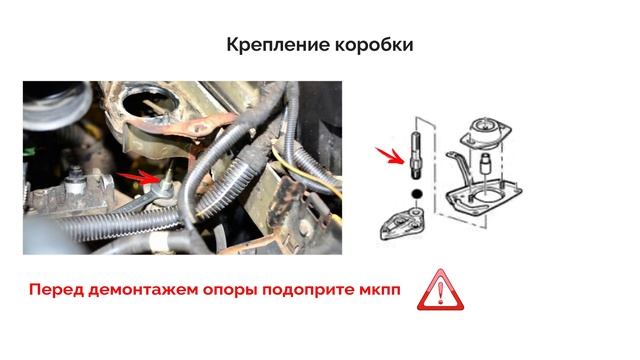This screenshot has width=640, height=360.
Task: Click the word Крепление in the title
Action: click(278, 45)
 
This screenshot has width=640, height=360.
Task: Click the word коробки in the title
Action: click(374, 45)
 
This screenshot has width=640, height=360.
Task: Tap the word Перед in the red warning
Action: click(56, 290)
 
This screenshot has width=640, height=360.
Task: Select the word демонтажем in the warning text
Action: click(142, 290)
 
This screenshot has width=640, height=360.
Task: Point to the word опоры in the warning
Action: click(230, 291)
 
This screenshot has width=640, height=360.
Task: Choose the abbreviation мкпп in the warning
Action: click(380, 290)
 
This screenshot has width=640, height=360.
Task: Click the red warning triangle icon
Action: click(440, 290)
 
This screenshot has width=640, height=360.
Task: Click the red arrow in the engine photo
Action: click(137, 177)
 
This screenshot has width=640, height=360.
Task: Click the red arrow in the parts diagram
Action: click(390, 156)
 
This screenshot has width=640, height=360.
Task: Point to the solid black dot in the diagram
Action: click(416, 194)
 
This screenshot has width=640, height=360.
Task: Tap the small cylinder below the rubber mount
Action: click(484, 163)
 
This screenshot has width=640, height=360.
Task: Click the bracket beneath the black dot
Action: click(403, 224)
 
